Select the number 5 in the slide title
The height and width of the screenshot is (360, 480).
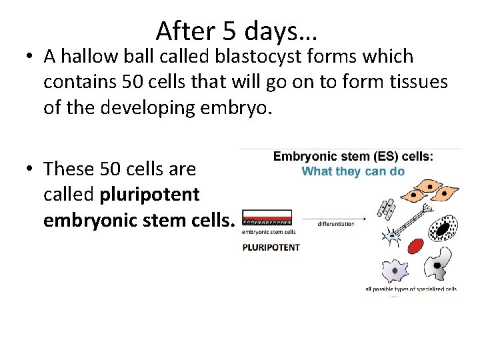point(231,31)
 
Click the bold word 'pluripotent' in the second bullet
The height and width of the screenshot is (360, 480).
point(149,195)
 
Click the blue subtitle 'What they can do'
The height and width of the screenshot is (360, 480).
point(353,171)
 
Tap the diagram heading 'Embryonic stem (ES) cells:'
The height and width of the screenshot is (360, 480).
point(353,157)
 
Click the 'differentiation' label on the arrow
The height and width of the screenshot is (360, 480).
point(335,224)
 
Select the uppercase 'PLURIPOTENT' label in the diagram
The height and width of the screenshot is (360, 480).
point(271,247)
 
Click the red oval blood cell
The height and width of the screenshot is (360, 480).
point(416,246)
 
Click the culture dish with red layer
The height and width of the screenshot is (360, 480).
point(268,218)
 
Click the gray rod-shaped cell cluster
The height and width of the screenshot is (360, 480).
point(386,208)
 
